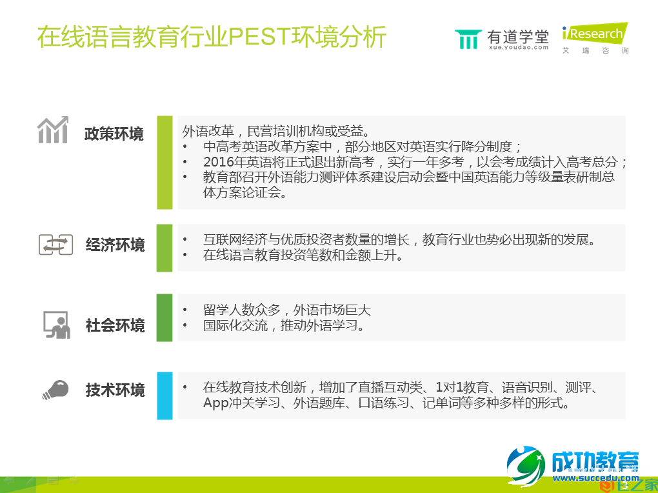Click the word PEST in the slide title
click(260, 37)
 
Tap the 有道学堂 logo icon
click(468, 39)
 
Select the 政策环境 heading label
click(114, 134)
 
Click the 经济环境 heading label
click(115, 245)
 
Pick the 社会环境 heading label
click(115, 325)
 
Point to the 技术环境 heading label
click(115, 390)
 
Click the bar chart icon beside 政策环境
click(53, 131)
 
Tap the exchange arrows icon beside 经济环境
click(55, 245)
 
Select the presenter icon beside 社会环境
click(56, 325)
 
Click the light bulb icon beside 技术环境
click(55, 389)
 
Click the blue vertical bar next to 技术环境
click(164, 396)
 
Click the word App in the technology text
click(216, 404)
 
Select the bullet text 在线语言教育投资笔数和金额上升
click(303, 256)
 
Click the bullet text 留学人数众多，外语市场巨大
click(287, 310)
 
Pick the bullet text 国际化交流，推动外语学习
click(284, 326)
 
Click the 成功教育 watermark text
click(593, 461)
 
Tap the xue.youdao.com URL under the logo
click(518, 47)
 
